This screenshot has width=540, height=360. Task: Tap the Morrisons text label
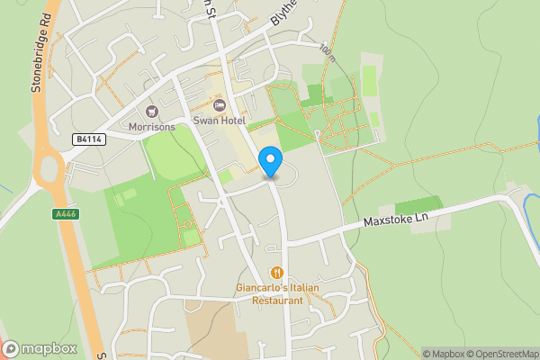tap(150, 126)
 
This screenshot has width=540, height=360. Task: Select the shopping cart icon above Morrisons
tap(150, 112)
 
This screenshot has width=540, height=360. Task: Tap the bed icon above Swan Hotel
tap(207, 106)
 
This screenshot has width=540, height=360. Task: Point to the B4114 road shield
tap(87, 139)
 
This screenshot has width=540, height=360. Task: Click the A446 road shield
tap(66, 214)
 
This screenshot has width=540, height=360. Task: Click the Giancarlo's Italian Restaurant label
tap(277, 293)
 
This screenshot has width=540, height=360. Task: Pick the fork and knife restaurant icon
tap(277, 273)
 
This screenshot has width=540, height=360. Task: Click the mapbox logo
tap(40, 348)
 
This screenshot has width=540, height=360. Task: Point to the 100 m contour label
tap(326, 51)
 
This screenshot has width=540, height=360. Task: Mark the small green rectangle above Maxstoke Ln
tap(418, 205)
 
